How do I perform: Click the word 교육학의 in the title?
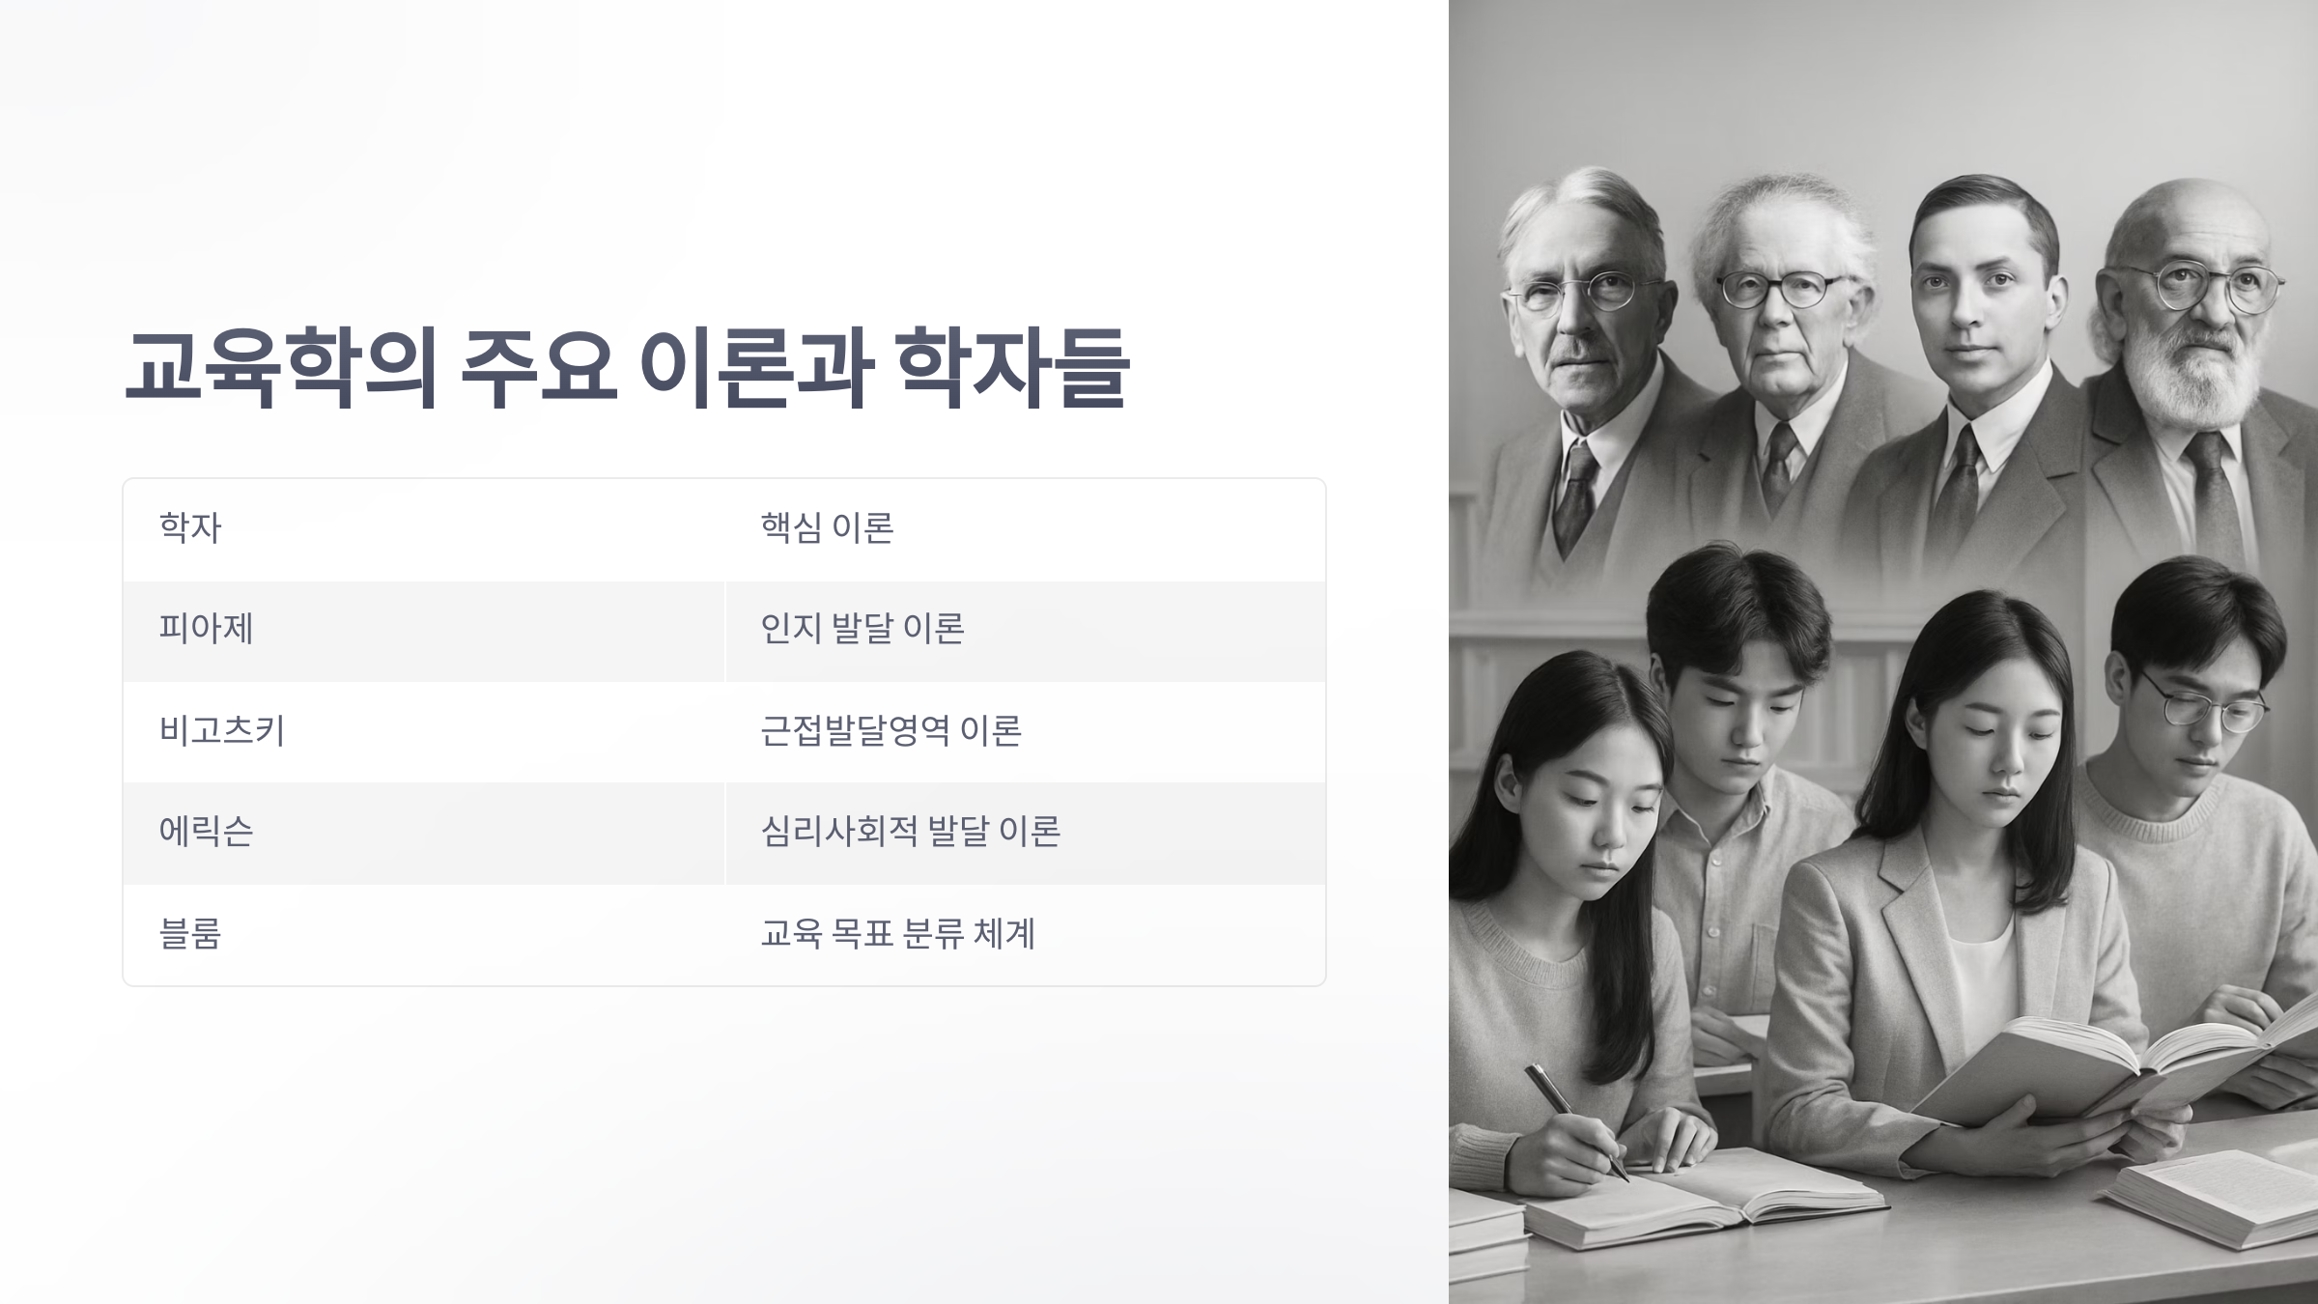tap(280, 368)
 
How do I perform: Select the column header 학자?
tap(190, 528)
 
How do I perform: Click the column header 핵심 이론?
tap(827, 528)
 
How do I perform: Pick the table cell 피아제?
tap(206, 629)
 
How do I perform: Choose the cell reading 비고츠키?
tap(221, 730)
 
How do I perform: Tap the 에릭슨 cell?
tap(206, 832)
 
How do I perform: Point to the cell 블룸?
tap(190, 934)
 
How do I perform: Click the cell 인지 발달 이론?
tap(862, 629)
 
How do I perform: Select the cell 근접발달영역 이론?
tap(890, 730)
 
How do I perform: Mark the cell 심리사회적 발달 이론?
tap(910, 832)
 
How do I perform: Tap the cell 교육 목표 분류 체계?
tap(897, 934)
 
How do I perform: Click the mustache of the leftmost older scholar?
tap(1580, 354)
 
